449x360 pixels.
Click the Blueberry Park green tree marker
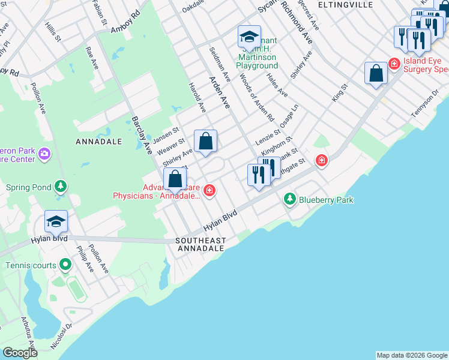(290, 199)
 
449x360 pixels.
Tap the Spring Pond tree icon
(61, 187)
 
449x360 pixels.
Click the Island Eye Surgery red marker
(394, 63)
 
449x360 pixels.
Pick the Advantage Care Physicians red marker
(209, 191)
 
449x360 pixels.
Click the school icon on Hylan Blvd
(56, 221)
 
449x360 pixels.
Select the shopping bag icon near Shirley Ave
(205, 142)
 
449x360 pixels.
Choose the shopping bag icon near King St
(376, 74)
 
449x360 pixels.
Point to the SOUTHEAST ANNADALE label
(200, 244)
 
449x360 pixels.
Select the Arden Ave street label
(219, 92)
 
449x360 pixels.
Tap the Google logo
(20, 353)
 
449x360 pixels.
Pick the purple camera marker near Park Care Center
(44, 155)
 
